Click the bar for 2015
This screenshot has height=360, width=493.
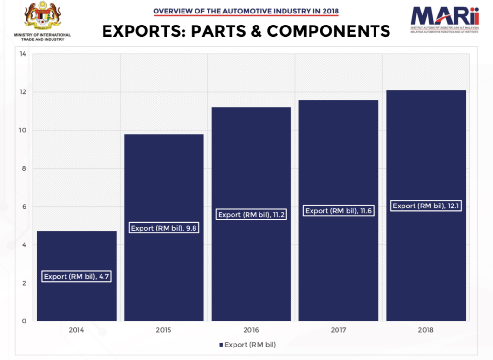pos(164,183)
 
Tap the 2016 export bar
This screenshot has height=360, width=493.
pos(251,164)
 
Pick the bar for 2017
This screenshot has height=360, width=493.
pos(338,159)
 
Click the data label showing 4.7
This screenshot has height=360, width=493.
pos(77,277)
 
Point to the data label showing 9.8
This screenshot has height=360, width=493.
pos(164,228)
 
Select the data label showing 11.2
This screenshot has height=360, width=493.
pos(252,215)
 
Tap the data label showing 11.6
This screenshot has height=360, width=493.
pos(339,211)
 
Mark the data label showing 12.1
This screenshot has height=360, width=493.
pos(426,206)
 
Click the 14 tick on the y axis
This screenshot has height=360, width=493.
pos(23,54)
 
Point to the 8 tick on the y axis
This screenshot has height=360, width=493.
pos(23,168)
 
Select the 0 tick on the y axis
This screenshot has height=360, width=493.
pos(23,321)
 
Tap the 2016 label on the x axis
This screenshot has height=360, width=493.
pos(251,330)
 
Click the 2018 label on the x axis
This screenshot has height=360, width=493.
pos(426,330)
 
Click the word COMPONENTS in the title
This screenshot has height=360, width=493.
pos(328,31)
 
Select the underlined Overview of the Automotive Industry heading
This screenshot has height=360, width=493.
pos(246,11)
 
